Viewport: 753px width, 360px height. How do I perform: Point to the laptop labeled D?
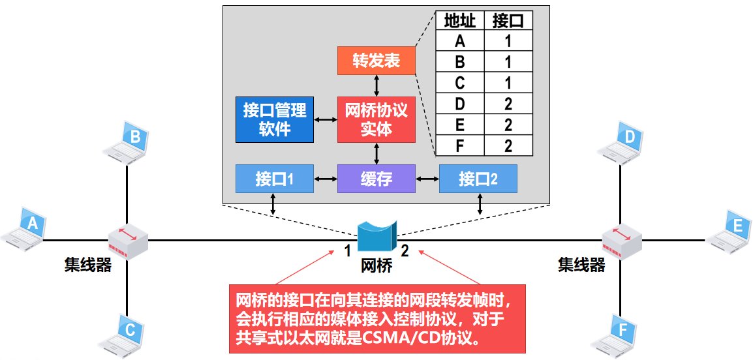coord(623,142)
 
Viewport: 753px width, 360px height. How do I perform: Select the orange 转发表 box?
coord(376,61)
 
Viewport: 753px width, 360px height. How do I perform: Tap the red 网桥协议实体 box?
coord(376,119)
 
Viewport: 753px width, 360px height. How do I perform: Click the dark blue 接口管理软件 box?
coord(274,119)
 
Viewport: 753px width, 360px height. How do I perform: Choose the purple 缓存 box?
coord(376,179)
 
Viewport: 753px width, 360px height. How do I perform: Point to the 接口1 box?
coord(274,179)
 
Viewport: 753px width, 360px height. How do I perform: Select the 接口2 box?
coord(478,179)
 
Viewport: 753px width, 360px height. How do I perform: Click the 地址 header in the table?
coord(459,21)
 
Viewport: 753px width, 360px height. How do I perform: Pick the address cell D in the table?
coord(459,104)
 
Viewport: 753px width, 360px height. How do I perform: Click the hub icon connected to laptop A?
coord(129,241)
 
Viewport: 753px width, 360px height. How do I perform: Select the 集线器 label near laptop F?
coord(581,265)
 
